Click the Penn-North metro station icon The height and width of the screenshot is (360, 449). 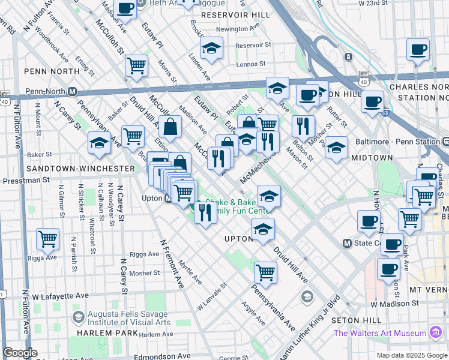click(72, 92)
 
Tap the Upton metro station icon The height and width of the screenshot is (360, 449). click(167, 199)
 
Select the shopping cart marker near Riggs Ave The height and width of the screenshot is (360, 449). click(47, 239)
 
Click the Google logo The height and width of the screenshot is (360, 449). click(20, 353)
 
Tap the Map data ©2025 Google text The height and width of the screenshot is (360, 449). click(412, 355)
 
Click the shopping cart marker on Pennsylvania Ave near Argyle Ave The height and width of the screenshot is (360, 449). click(265, 273)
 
